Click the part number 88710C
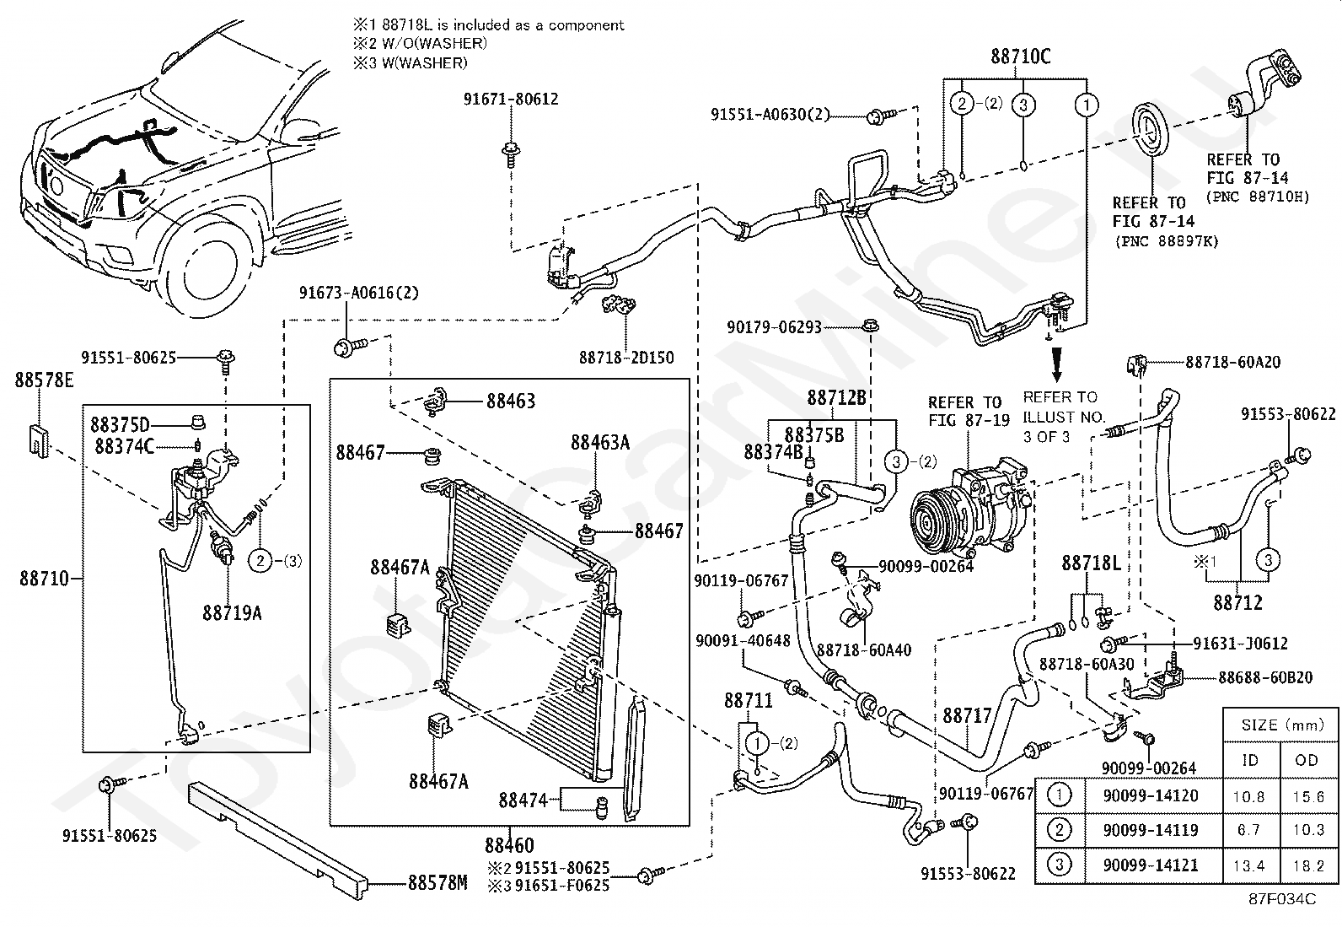tap(1020, 57)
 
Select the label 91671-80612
tap(511, 99)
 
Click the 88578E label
tap(44, 380)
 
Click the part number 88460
tap(509, 846)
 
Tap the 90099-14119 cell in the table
tap(1150, 830)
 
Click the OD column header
tap(1307, 760)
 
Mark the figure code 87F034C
tap(1282, 899)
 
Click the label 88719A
tap(232, 613)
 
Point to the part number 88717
tap(967, 716)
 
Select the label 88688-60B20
tap(1265, 677)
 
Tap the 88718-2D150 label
tap(626, 358)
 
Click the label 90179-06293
tap(774, 327)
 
